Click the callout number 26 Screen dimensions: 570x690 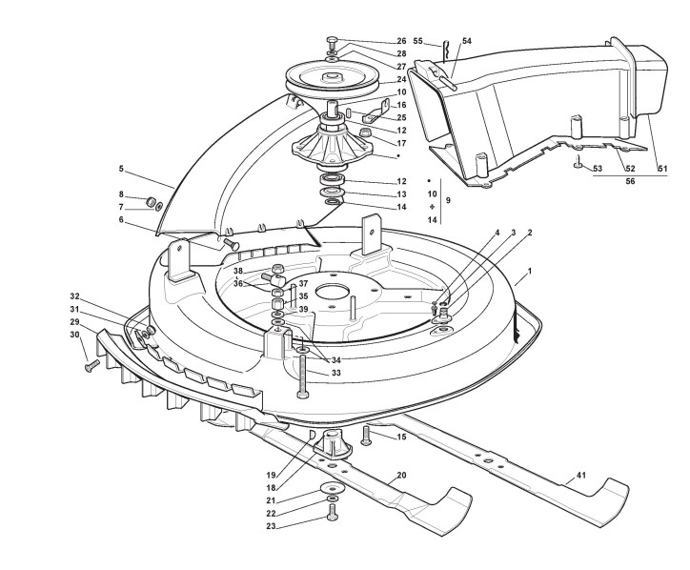pos(401,41)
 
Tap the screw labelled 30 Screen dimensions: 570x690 pos(91,363)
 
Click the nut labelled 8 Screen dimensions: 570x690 pos(150,201)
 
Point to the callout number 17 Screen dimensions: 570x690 pos(401,143)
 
